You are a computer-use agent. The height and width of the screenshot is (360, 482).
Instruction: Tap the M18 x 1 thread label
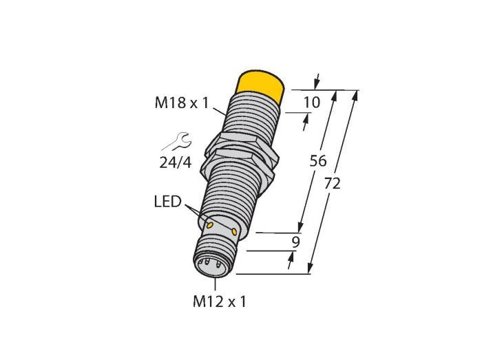[182, 103]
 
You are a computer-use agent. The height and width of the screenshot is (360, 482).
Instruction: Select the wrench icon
[177, 142]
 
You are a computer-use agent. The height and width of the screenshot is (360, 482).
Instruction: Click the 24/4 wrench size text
[176, 162]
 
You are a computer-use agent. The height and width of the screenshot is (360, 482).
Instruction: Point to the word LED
[167, 202]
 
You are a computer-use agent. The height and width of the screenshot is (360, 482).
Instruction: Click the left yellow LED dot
[210, 226]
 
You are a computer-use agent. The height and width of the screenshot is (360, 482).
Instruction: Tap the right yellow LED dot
[234, 231]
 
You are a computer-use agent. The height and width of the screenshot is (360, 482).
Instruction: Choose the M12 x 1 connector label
[220, 301]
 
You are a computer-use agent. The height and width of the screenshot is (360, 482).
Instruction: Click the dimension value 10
[312, 102]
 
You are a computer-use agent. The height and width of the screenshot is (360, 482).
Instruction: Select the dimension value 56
[318, 161]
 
